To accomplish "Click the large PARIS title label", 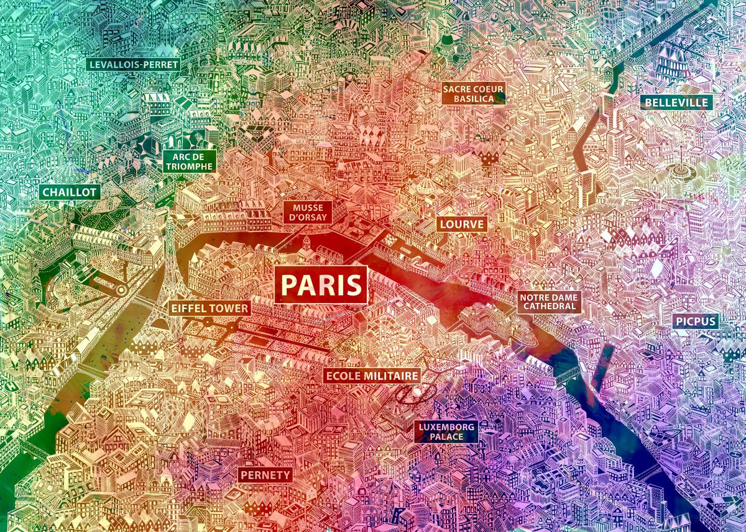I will click(321, 285).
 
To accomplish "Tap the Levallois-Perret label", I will click(133, 64).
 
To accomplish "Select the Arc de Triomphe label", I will click(190, 161).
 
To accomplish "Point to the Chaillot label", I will click(69, 192).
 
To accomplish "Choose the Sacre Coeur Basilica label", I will click(473, 94).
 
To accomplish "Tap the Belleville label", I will click(676, 102).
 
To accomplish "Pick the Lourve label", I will click(461, 224).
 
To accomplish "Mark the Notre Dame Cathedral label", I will click(550, 302).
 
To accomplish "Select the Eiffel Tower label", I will click(210, 308).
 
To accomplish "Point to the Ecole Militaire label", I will click(372, 376).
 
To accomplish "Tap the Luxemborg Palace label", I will click(446, 431).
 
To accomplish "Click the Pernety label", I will click(265, 476).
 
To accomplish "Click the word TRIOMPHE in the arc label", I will click(190, 167).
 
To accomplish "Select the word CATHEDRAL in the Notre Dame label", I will click(550, 307).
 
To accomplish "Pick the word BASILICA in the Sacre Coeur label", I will click(473, 99).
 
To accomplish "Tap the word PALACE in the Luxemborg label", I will click(446, 437).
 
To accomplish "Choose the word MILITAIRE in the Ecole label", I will click(389, 376).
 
